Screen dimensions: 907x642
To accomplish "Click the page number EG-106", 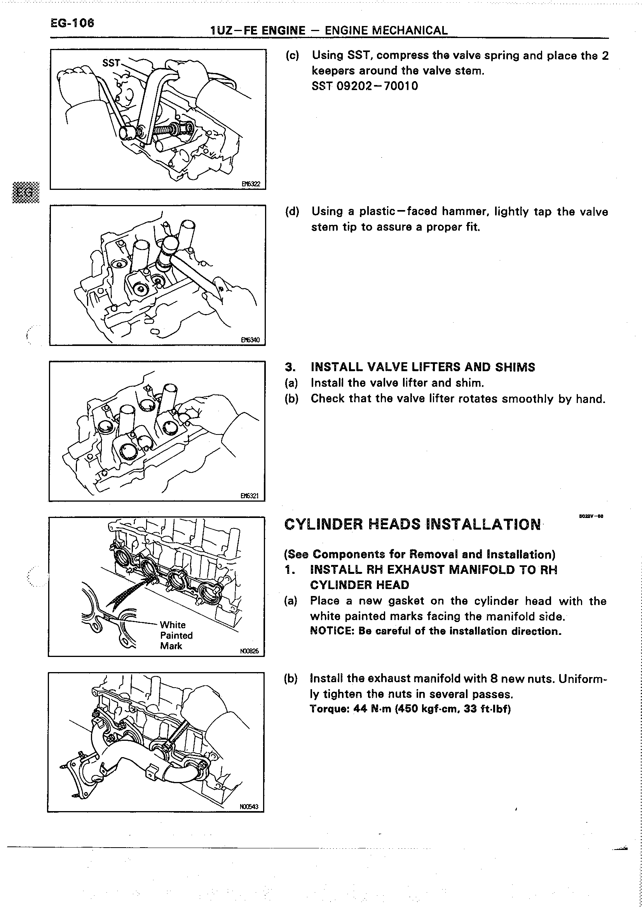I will pos(72,23).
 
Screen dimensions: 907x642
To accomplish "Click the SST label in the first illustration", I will pos(111,63).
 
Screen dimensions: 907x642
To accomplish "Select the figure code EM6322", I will pos(251,184).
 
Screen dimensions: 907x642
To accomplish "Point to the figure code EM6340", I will pos(251,340).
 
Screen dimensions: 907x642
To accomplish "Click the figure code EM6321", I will pos(250,495).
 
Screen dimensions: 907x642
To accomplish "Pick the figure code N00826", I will pos(249,651).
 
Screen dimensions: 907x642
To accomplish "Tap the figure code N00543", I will pos(249,806).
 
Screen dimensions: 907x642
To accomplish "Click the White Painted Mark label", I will pos(176,635).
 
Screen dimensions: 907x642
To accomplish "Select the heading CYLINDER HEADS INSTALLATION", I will pos(412,525).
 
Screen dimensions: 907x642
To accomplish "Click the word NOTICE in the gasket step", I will pos(332,631).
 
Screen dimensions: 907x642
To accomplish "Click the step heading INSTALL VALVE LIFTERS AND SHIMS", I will pos(422,367).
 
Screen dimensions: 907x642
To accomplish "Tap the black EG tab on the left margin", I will pos(26,192).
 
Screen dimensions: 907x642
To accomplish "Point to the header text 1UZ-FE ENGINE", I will pos(258,30).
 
